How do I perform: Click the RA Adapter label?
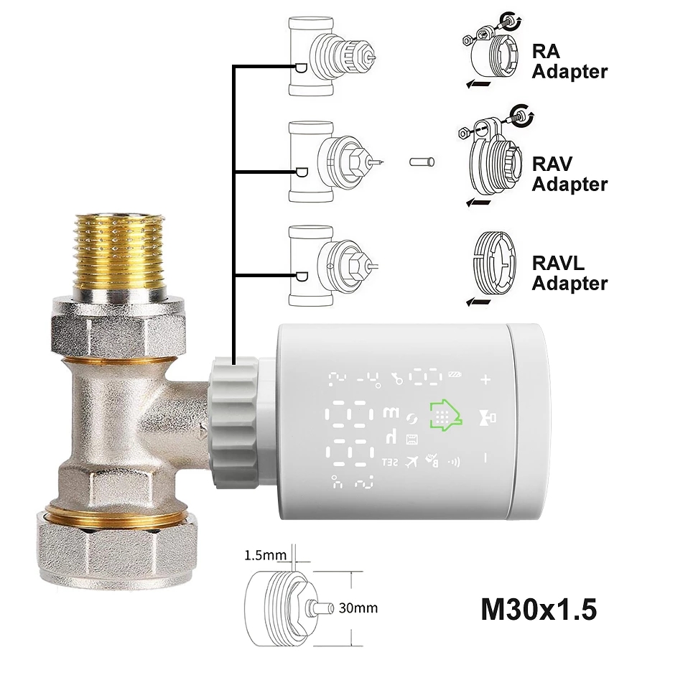pos(570,62)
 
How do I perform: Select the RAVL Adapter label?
pos(570,273)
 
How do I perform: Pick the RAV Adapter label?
pos(570,175)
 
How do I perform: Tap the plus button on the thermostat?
pos(486,379)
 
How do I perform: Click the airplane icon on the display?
pos(411,462)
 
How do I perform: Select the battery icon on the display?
pos(455,374)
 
